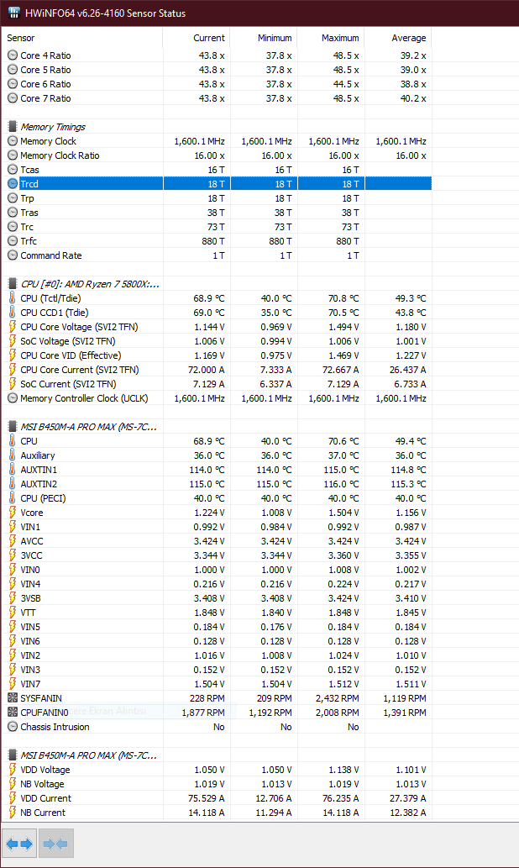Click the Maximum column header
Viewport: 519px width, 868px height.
tap(340, 38)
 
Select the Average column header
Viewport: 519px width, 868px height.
tap(408, 38)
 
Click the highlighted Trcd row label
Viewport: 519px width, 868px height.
tap(29, 184)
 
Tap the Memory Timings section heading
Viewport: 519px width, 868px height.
tap(52, 127)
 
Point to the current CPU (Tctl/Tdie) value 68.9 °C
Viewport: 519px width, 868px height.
tap(207, 298)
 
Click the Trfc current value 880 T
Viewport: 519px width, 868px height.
tap(209, 241)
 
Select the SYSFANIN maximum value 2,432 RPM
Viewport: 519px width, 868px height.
tap(338, 698)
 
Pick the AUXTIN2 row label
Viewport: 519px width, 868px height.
tap(39, 484)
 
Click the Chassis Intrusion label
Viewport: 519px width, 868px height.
tap(55, 727)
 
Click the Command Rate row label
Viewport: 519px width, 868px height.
tap(50, 255)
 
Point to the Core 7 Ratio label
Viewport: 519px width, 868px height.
tap(45, 98)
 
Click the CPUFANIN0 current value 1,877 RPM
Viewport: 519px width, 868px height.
tap(203, 713)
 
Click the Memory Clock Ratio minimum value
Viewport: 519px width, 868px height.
tap(274, 155)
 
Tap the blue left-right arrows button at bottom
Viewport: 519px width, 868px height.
tap(19, 843)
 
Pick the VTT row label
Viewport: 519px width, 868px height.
tap(29, 613)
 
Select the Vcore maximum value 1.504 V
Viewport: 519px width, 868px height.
tap(341, 513)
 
